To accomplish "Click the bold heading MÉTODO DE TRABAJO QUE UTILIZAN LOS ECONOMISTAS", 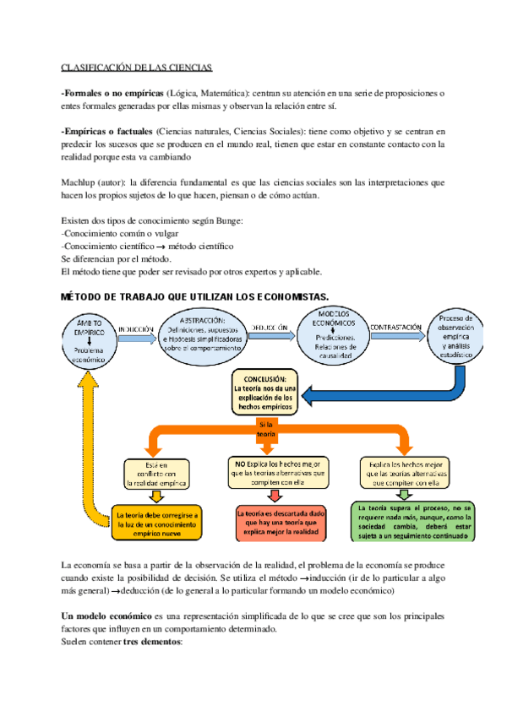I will point(195,296).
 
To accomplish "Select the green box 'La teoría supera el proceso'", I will point(412,520).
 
